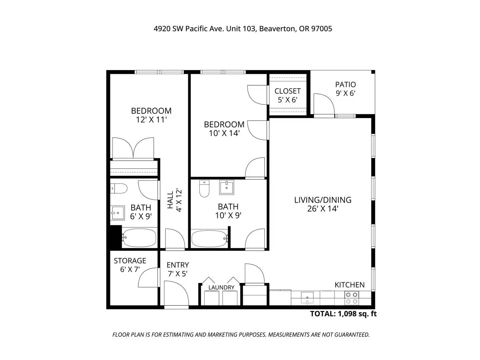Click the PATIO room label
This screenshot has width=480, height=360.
[345, 84]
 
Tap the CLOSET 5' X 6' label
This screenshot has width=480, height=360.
[287, 95]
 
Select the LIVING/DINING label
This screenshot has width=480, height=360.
[323, 200]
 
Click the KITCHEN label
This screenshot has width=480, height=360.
[349, 285]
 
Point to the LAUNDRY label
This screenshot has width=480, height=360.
[221, 287]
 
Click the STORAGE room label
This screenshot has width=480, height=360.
[130, 261]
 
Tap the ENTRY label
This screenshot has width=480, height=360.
[178, 265]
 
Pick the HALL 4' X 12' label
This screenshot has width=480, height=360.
[175, 200]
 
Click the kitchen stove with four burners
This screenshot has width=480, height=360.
[351, 298]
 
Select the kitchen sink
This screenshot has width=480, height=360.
[307, 298]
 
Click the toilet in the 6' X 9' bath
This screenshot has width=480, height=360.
[119, 188]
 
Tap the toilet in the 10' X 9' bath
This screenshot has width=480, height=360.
[204, 188]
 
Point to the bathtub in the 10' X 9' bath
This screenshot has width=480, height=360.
[210, 238]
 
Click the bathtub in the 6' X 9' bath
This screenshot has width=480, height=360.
[139, 238]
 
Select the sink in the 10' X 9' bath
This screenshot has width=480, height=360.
[227, 187]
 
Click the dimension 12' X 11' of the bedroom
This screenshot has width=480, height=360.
[151, 120]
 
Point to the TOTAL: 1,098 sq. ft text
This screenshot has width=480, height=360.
[343, 314]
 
